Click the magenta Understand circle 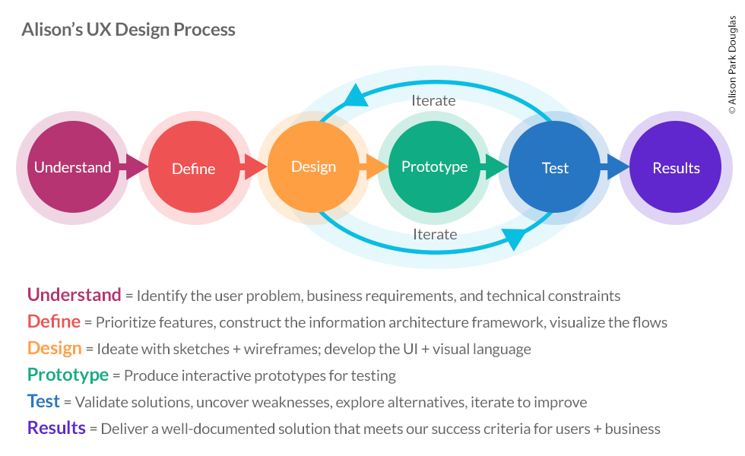(73, 166)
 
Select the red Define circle (194, 166)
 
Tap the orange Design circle (313, 166)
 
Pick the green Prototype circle (434, 166)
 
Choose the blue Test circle (554, 166)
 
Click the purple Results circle (675, 166)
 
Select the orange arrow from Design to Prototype (374, 166)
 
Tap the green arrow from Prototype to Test (495, 166)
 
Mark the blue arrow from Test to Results (615, 166)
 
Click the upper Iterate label (433, 100)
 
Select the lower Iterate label (435, 234)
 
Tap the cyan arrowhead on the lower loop (514, 239)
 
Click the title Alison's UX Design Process (128, 30)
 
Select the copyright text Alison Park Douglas (732, 65)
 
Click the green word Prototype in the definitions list (68, 375)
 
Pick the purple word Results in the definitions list (56, 428)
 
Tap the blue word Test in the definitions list (43, 401)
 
